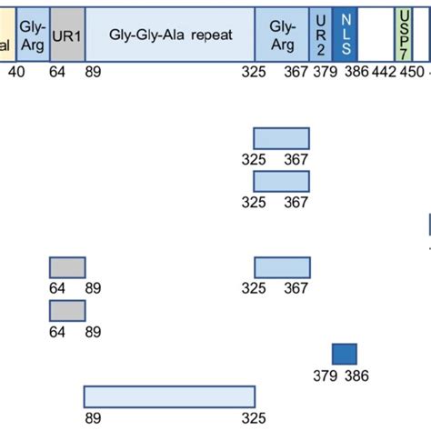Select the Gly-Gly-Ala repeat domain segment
(x=170, y=35)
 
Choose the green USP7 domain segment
(x=405, y=35)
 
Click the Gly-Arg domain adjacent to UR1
(x=32, y=35)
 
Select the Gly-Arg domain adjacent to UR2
(x=282, y=35)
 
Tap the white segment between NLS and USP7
(x=379, y=35)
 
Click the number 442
(x=385, y=72)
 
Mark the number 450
(x=412, y=72)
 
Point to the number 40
(x=17, y=72)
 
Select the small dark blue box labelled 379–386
(x=345, y=355)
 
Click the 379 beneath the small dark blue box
(x=326, y=376)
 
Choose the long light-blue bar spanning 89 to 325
(x=169, y=396)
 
